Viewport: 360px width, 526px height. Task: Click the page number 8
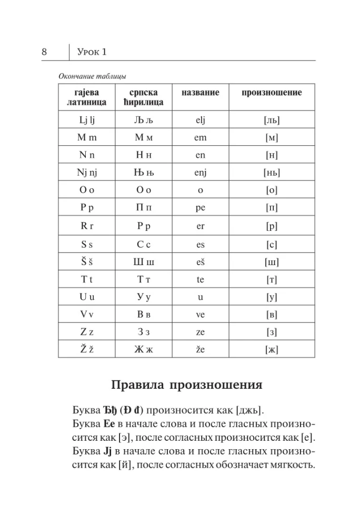click(44, 52)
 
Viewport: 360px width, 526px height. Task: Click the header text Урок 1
click(92, 52)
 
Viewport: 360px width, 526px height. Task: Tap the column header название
click(200, 93)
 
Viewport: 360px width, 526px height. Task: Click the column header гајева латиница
click(86, 97)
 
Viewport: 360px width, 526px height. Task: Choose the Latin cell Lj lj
click(86, 120)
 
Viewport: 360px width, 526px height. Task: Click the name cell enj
click(200, 172)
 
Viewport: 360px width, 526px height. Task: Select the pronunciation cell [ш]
click(272, 262)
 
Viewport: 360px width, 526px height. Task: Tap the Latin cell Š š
click(86, 261)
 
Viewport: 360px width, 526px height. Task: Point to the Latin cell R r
click(86, 226)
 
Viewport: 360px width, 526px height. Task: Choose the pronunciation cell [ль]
click(272, 120)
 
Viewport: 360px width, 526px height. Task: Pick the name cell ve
click(200, 315)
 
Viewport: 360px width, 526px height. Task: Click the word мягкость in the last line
click(289, 466)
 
